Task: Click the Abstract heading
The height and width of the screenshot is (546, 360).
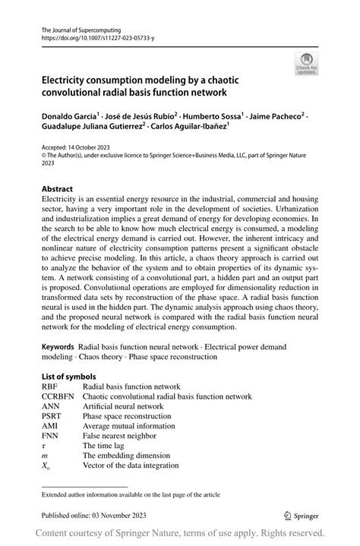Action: [x=57, y=188]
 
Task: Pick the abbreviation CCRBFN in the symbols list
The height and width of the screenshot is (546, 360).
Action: [x=58, y=396]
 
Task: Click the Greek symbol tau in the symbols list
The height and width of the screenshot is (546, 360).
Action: [x=43, y=447]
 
